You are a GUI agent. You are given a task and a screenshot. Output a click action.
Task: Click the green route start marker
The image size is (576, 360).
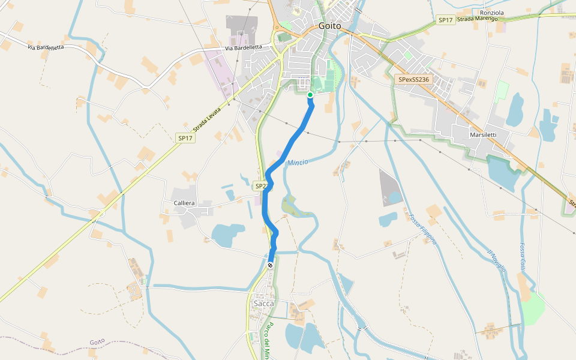coord(310,95)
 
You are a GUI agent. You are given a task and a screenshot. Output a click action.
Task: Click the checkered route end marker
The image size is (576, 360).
coord(271,265)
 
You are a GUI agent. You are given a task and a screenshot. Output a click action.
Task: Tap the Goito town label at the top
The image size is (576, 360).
coord(329,26)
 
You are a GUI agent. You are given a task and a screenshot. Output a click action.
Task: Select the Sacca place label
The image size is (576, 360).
coord(263,304)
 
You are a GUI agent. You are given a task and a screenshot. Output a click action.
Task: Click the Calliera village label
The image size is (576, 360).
coord(184,203)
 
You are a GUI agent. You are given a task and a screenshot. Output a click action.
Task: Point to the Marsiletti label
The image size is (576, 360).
coord(483,136)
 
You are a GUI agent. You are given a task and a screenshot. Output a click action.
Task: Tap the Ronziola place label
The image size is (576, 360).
coord(492,13)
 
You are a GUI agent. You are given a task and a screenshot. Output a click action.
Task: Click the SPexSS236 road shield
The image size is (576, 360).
coord(413,79)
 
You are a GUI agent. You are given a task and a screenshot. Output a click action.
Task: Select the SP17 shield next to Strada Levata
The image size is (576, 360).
coord(185,138)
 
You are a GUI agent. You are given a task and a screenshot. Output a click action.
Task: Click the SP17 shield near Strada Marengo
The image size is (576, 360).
coord(445,20)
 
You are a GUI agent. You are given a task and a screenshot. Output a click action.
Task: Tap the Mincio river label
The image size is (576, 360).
coord(298,163)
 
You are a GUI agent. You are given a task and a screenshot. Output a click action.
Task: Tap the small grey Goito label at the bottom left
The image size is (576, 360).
coord(97,342)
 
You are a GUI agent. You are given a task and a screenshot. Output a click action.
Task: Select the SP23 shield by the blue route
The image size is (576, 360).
coord(262,186)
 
